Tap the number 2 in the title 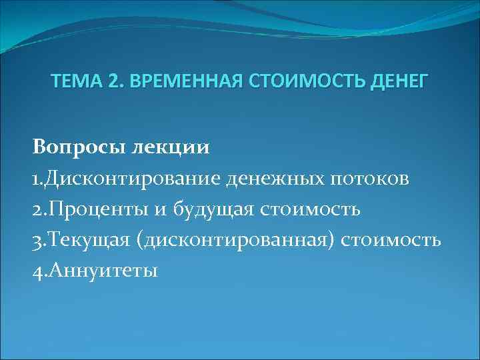tap(111, 82)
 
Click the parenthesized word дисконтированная tap(238, 241)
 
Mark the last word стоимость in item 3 tap(391, 241)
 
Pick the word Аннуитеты tap(103, 271)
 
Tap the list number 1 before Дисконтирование tap(36, 179)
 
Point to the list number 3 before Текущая tap(37, 241)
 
